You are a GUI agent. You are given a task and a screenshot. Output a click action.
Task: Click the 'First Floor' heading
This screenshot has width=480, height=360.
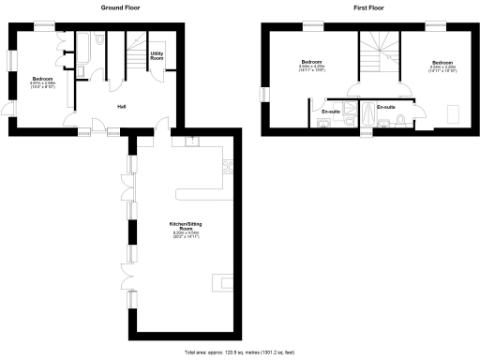click(x=368, y=7)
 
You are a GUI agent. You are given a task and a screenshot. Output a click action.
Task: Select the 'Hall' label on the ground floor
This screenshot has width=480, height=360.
click(x=122, y=106)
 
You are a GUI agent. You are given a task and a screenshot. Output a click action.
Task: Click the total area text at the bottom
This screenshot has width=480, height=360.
click(x=239, y=352)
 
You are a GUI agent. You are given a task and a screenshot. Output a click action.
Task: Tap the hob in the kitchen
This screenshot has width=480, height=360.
click(x=227, y=168)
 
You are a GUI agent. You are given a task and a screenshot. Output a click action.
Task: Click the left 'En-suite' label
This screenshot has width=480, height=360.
click(x=330, y=112)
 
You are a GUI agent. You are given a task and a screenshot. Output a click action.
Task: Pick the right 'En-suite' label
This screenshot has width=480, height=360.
click(x=385, y=107)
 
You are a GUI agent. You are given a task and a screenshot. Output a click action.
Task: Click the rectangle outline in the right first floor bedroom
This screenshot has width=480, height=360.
click(x=456, y=113)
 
